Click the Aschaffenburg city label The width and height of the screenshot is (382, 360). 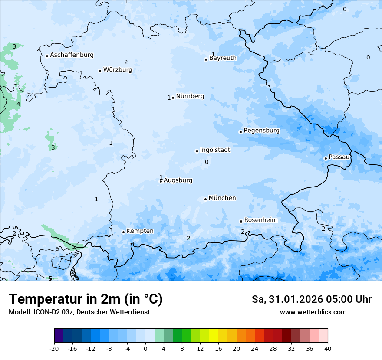pyautogui.click(x=72, y=55)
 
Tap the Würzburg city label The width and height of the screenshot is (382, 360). pyautogui.click(x=118, y=70)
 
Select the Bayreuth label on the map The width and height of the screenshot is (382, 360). pyautogui.click(x=223, y=58)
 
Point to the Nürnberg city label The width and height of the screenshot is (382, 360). pyautogui.click(x=190, y=96)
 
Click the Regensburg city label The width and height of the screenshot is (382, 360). pyautogui.click(x=261, y=131)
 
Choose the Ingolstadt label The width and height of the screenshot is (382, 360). pyautogui.click(x=215, y=150)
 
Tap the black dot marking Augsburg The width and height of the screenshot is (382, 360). pyautogui.click(x=161, y=181)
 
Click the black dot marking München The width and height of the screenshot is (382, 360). pyautogui.click(x=205, y=200)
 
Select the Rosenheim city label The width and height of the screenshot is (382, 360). pyautogui.click(x=260, y=220)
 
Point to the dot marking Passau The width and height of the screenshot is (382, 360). pyautogui.click(x=326, y=158)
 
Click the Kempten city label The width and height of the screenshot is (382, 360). pyautogui.click(x=140, y=231)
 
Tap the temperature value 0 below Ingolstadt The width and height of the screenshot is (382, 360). pyautogui.click(x=207, y=162)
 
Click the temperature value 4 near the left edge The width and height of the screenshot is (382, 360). pyautogui.click(x=18, y=105)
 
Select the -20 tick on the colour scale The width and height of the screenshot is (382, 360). pyautogui.click(x=54, y=349)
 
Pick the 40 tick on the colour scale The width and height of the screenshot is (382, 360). pyautogui.click(x=327, y=349)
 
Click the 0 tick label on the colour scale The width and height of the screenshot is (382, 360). pyautogui.click(x=145, y=349)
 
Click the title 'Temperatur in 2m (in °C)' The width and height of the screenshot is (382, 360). pyautogui.click(x=86, y=299)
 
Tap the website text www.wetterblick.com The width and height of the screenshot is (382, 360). pyautogui.click(x=313, y=312)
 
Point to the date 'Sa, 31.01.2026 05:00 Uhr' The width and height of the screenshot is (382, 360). pyautogui.click(x=311, y=299)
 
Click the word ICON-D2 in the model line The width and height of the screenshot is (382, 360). pyautogui.click(x=45, y=312)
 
